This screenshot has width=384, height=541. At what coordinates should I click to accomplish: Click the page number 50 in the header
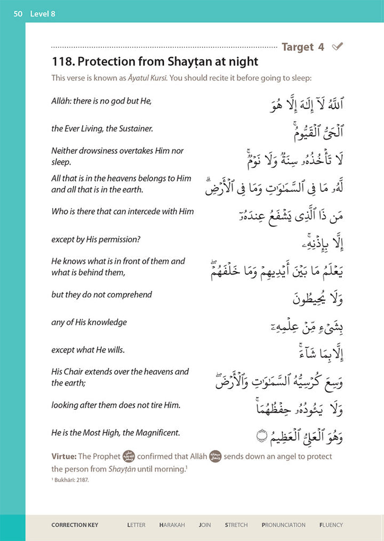pyautogui.click(x=18, y=13)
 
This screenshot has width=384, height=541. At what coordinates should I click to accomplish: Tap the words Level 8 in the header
pyautogui.click(x=43, y=13)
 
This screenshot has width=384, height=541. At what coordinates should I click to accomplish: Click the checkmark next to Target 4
pyautogui.click(x=337, y=47)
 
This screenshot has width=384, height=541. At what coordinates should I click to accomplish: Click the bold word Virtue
pyautogui.click(x=64, y=457)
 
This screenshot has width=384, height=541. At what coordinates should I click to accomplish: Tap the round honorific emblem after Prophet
pyautogui.click(x=129, y=457)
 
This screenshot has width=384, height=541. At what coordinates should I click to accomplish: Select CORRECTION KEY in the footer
pyautogui.click(x=75, y=525)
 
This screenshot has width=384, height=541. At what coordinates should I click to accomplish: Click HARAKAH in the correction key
pyautogui.click(x=172, y=525)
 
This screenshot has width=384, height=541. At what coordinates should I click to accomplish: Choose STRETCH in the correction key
pyautogui.click(x=236, y=525)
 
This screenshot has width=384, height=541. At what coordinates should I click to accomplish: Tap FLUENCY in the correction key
pyautogui.click(x=331, y=525)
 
